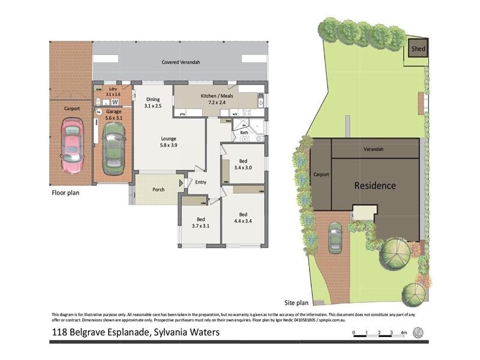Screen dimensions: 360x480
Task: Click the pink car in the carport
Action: (73, 143)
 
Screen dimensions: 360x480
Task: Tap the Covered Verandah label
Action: (181, 62)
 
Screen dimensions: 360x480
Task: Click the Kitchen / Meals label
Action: (217, 99)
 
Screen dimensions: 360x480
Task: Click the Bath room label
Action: (244, 132)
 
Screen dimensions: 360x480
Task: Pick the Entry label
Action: (200, 182)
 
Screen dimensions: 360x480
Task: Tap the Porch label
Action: (158, 190)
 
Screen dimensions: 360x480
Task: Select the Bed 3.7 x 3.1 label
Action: (201, 222)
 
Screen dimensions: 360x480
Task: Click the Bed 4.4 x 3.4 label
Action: (243, 218)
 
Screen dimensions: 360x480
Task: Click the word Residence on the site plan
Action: (375, 185)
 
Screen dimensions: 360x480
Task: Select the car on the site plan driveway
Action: (335, 239)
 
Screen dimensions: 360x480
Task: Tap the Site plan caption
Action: (296, 303)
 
